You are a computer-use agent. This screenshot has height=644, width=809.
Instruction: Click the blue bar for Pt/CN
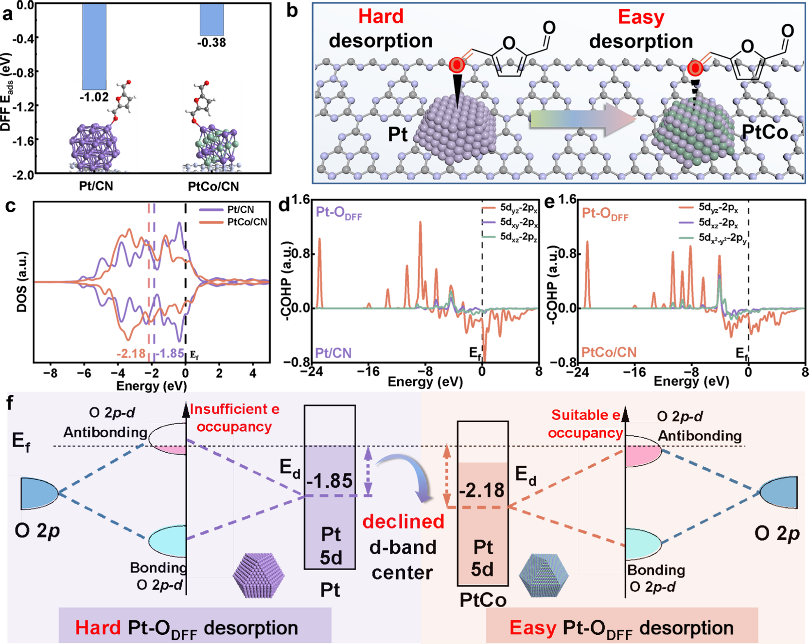(94, 47)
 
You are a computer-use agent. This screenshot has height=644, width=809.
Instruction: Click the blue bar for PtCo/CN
(212, 20)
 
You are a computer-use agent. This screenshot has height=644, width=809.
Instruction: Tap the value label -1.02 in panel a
(94, 97)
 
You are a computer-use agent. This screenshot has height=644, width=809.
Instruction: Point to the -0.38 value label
(212, 43)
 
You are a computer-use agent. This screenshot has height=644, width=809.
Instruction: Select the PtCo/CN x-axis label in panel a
(213, 186)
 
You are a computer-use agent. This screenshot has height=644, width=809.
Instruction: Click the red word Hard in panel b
(381, 17)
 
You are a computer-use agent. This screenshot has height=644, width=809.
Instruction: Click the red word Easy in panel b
(641, 17)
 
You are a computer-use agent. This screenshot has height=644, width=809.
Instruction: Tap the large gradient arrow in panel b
(583, 119)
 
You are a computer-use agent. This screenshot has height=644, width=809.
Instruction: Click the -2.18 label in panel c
(131, 354)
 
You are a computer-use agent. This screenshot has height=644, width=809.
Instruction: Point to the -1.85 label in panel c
(170, 354)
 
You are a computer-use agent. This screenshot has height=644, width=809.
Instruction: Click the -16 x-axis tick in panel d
(368, 372)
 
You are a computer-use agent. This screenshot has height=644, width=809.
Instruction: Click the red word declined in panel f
(404, 522)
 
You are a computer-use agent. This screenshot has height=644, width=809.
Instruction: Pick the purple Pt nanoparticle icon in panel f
(259, 576)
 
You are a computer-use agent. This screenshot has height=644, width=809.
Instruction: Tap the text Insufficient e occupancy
(234, 418)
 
